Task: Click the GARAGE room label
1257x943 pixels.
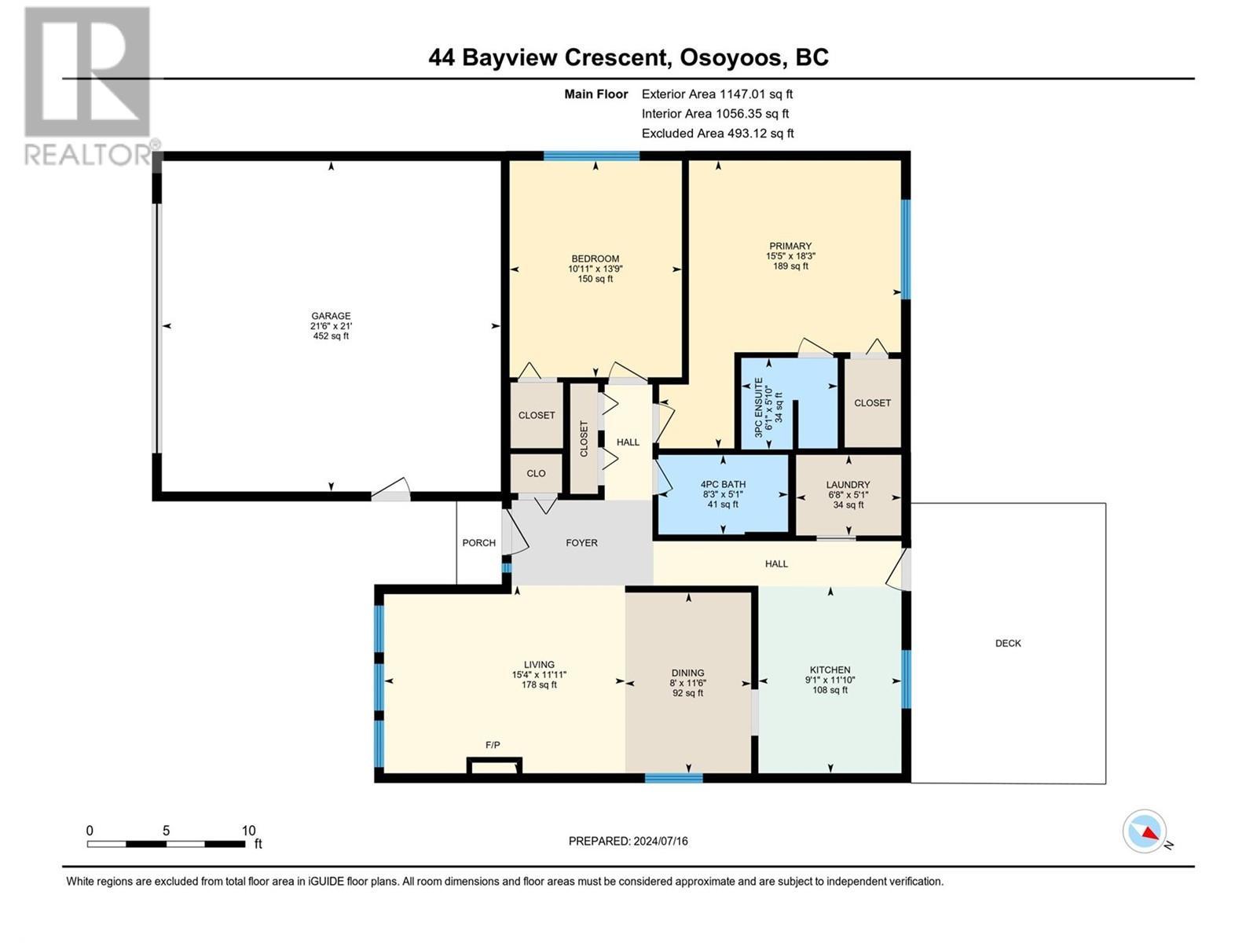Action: pyautogui.click(x=330, y=316)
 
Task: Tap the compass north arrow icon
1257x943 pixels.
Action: pyautogui.click(x=1145, y=831)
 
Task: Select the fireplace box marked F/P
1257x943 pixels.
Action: pyautogui.click(x=494, y=765)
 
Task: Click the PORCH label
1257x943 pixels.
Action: pyautogui.click(x=478, y=543)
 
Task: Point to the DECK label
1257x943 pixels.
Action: pyautogui.click(x=1008, y=643)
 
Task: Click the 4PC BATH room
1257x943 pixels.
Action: pyautogui.click(x=723, y=494)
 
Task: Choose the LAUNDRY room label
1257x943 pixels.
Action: pyautogui.click(x=848, y=485)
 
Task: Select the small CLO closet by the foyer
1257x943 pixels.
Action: pyautogui.click(x=536, y=473)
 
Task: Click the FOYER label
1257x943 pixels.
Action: pyautogui.click(x=581, y=543)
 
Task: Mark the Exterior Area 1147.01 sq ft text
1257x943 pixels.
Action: pyautogui.click(x=716, y=94)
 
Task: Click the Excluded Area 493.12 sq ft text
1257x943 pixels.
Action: pyautogui.click(x=717, y=134)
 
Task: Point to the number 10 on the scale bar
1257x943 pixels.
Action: pyautogui.click(x=248, y=831)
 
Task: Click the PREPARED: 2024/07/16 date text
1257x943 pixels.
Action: pyautogui.click(x=628, y=841)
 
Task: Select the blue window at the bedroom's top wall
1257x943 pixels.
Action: pyautogui.click(x=591, y=156)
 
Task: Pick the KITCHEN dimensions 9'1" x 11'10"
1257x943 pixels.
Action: pyautogui.click(x=830, y=681)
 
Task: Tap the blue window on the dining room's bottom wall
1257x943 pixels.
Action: pyautogui.click(x=673, y=778)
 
